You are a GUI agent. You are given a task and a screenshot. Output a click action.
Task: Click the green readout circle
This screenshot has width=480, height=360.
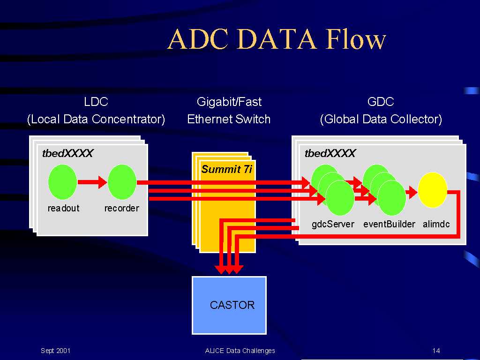click(x=62, y=182)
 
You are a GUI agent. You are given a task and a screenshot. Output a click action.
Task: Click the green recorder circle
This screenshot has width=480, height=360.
click(x=122, y=182)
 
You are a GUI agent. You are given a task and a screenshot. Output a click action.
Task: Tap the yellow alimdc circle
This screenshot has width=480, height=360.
click(x=433, y=190)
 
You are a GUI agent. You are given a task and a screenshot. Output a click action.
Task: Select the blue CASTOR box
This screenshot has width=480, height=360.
click(x=229, y=305)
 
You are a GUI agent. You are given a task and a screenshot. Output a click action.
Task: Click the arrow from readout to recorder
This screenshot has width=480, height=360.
click(x=92, y=182)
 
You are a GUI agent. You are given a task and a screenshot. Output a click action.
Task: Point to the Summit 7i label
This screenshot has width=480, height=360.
click(x=227, y=169)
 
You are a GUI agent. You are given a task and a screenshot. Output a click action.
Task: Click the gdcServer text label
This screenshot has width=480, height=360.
click(x=333, y=224)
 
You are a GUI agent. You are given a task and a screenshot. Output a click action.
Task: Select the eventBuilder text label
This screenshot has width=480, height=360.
click(x=389, y=224)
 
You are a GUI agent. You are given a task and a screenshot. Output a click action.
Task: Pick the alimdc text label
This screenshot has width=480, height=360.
click(x=436, y=224)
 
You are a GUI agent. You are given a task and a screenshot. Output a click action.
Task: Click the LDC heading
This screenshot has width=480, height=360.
click(x=96, y=102)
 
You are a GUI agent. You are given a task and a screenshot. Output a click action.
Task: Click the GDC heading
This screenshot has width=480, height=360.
click(x=381, y=102)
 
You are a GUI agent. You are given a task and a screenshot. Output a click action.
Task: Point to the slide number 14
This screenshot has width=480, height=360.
click(x=436, y=351)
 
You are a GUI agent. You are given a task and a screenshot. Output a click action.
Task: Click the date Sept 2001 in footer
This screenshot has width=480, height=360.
click(x=55, y=351)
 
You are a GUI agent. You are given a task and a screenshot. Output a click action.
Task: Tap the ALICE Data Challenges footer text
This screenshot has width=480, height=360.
click(x=240, y=351)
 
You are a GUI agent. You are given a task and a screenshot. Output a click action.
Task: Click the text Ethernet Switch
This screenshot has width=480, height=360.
click(x=229, y=119)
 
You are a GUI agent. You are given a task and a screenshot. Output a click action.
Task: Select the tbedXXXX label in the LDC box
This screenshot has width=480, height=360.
click(x=67, y=153)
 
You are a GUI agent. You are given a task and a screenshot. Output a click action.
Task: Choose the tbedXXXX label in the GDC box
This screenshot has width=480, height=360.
click(x=330, y=153)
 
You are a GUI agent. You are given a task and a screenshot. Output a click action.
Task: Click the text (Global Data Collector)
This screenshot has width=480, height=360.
click(x=381, y=119)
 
